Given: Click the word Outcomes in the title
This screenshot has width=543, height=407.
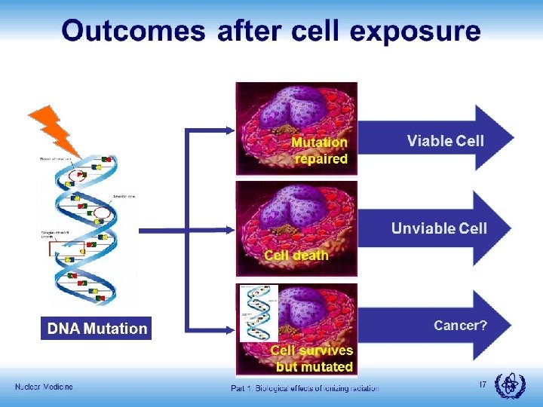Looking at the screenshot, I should pyautogui.click(x=133, y=32).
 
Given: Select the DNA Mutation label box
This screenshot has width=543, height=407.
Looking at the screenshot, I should pyautogui.click(x=97, y=329).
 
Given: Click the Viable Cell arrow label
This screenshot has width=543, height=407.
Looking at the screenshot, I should pyautogui.click(x=445, y=140).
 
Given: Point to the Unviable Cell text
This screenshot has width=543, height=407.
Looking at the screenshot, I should pyautogui.click(x=439, y=228).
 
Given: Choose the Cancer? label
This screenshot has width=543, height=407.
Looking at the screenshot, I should pyautogui.click(x=460, y=326).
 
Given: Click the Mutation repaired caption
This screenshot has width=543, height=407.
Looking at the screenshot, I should pyautogui.click(x=320, y=151).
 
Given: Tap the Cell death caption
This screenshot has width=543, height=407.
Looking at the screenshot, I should pyautogui.click(x=296, y=256).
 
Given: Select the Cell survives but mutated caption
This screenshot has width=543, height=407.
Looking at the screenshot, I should pyautogui.click(x=312, y=359).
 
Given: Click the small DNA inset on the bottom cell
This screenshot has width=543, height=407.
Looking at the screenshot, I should pyautogui.click(x=259, y=313).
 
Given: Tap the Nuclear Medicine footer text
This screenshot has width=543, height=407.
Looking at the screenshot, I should pyautogui.click(x=44, y=387).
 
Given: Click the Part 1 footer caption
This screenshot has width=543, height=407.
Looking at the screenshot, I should pyautogui.click(x=305, y=387).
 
